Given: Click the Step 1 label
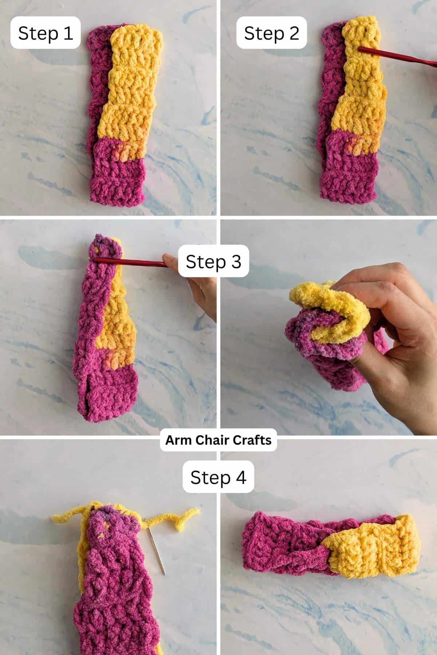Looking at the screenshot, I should pos(45,33).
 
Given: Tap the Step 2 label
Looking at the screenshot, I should pos(271,33).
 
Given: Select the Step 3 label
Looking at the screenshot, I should pos(213,261).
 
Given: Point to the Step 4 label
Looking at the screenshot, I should pos(218,477).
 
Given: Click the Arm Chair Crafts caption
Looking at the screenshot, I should pos(218,440).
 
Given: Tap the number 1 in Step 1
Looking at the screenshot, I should pos(67,33).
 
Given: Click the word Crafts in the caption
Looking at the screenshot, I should pos(252,440).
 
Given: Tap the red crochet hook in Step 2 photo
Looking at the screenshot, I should pos(397,56).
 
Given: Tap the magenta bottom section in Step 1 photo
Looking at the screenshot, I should pos(117,178).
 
